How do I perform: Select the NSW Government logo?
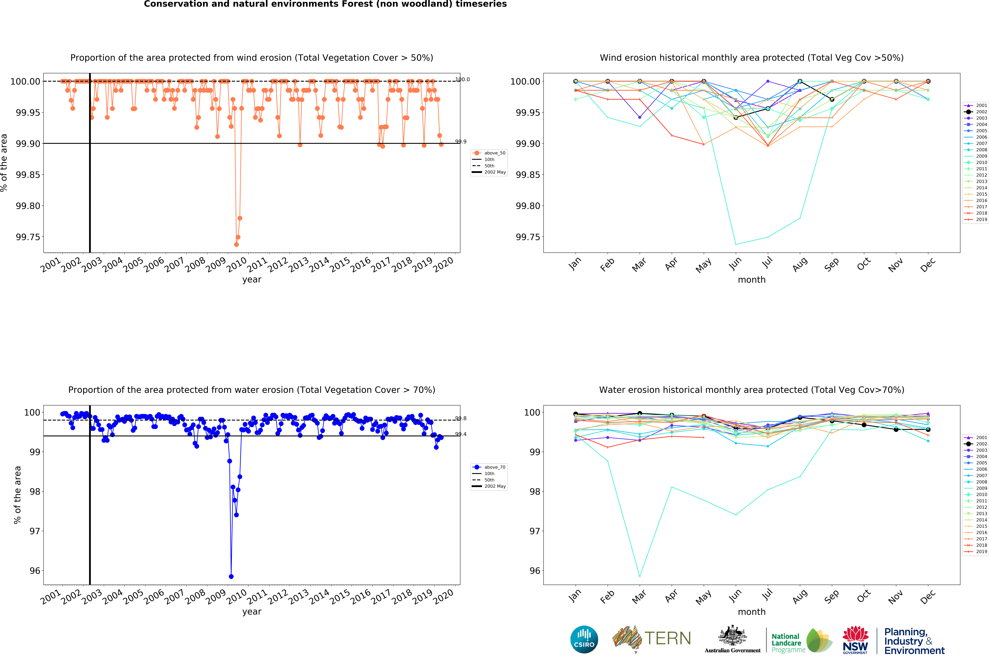click(x=855, y=640)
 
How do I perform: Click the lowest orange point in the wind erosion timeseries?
click(x=236, y=244)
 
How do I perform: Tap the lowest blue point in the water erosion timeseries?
click(x=231, y=576)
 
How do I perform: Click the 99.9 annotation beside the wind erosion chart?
click(x=461, y=142)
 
